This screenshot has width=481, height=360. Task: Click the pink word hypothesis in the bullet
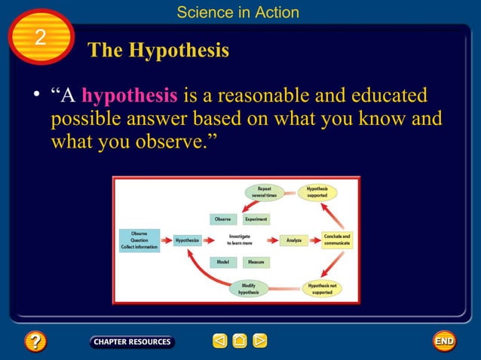point(130,96)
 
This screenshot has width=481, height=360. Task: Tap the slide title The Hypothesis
point(158,50)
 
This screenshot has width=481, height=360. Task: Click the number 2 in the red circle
point(40,38)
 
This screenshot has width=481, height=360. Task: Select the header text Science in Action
point(237,12)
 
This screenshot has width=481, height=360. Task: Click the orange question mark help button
point(35,342)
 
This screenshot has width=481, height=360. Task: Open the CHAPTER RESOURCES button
point(132,342)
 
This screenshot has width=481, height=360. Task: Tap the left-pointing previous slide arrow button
point(219,342)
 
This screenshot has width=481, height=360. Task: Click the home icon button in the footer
point(240,342)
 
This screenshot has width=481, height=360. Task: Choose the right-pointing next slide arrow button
point(259,342)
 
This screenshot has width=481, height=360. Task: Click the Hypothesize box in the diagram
point(187,241)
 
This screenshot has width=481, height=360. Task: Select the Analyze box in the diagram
point(294,241)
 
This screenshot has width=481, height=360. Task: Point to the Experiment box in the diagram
point(256,219)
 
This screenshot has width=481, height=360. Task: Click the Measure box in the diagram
point(256,262)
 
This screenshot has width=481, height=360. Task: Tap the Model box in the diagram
point(222,262)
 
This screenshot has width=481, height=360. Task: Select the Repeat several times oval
point(265,192)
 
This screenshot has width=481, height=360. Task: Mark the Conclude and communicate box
point(336,240)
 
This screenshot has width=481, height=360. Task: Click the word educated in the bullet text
point(385,96)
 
